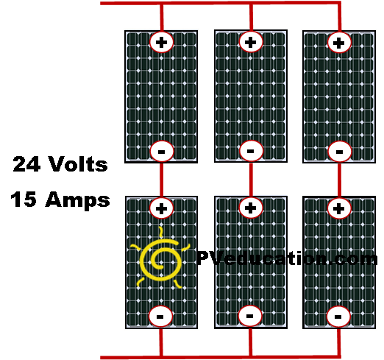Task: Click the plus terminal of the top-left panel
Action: pyautogui.click(x=162, y=42)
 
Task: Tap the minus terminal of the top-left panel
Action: pyautogui.click(x=162, y=152)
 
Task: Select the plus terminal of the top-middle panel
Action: pyautogui.click(x=251, y=42)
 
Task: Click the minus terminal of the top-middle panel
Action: pyautogui.click(x=251, y=151)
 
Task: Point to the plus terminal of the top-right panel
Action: pyautogui.click(x=339, y=43)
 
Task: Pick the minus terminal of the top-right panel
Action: pyautogui.click(x=339, y=152)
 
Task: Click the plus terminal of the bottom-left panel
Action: pyautogui.click(x=161, y=208)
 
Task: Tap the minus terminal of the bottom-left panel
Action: pyautogui.click(x=160, y=317)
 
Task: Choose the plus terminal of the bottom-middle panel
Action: pyautogui.click(x=251, y=208)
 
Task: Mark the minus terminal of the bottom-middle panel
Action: pyautogui.click(x=250, y=316)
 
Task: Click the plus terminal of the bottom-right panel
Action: pyautogui.click(x=339, y=208)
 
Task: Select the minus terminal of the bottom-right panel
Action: pyautogui.click(x=338, y=317)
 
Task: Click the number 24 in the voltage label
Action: pyautogui.click(x=26, y=164)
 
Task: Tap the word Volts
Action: pyautogui.click(x=78, y=163)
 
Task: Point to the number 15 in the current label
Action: pyautogui.click(x=24, y=200)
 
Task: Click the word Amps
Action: pyautogui.click(x=78, y=200)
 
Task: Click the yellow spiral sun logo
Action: pyautogui.click(x=160, y=258)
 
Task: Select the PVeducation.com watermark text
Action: pyautogui.click(x=287, y=258)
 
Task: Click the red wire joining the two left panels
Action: pyautogui.click(x=162, y=180)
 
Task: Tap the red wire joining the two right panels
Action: pyautogui.click(x=339, y=180)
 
